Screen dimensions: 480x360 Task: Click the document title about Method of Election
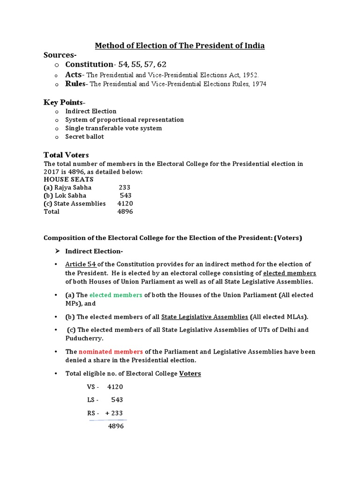tap(180, 45)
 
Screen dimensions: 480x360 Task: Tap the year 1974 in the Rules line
tap(259, 84)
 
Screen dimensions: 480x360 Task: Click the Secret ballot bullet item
tap(84, 137)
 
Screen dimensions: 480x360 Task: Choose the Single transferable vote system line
tap(113, 128)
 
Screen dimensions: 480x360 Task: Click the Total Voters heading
tap(66, 155)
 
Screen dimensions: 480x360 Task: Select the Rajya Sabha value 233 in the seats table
tap(124, 187)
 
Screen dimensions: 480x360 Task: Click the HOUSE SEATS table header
tap(68, 179)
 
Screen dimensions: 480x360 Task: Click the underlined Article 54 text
tap(81, 264)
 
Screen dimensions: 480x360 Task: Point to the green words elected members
tap(116, 295)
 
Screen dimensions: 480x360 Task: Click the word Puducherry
tap(84, 338)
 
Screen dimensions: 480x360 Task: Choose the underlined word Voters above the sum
tap(190, 374)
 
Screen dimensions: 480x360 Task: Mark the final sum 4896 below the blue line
tap(116, 427)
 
